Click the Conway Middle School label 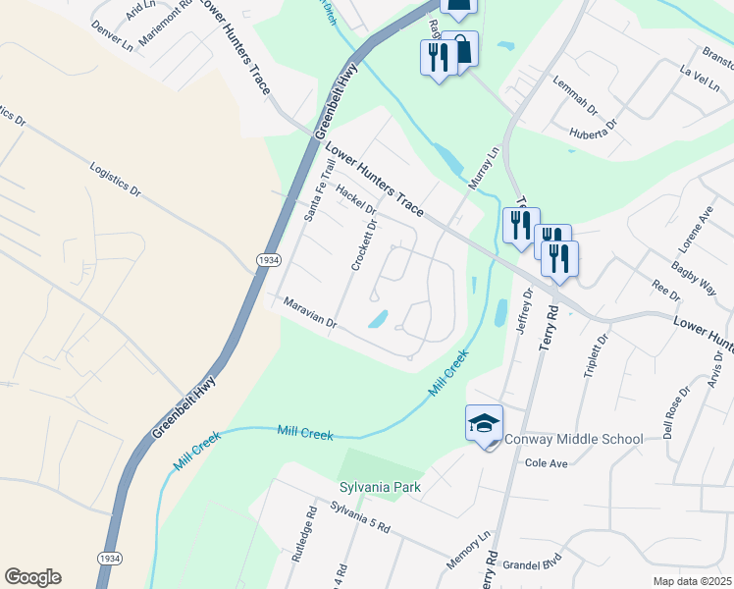[573, 439]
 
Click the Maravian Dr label [310, 314]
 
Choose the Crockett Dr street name [364, 245]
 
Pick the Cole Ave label [547, 462]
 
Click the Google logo [32, 577]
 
